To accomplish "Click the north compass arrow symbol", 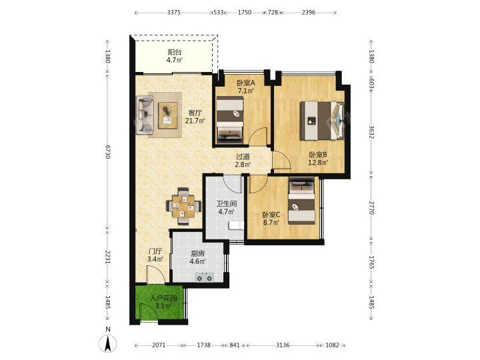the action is pyautogui.click(x=107, y=343).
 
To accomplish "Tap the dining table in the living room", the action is pyautogui.click(x=184, y=206).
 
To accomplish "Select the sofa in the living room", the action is pyautogui.click(x=145, y=115).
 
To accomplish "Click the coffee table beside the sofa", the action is pyautogui.click(x=168, y=115).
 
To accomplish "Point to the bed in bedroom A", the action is pyautogui.click(x=230, y=120).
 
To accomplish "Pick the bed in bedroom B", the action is pyautogui.click(x=322, y=121).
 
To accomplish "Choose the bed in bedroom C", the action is pyautogui.click(x=302, y=201).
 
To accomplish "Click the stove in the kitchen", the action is pyautogui.click(x=205, y=277).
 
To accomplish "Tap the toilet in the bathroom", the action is pyautogui.click(x=236, y=225).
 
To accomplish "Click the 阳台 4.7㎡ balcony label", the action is pyautogui.click(x=175, y=56).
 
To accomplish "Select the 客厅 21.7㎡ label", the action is pyautogui.click(x=195, y=117).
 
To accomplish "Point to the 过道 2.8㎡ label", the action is pyautogui.click(x=243, y=161).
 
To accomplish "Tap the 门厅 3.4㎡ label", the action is pyautogui.click(x=155, y=255).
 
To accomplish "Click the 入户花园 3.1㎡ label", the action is pyautogui.click(x=163, y=302).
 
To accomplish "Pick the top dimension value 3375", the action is pyautogui.click(x=173, y=13).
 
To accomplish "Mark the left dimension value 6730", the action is pyautogui.click(x=107, y=152).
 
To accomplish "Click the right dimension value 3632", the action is pyautogui.click(x=371, y=131).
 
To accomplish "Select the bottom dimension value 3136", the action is pyautogui.click(x=283, y=345).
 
